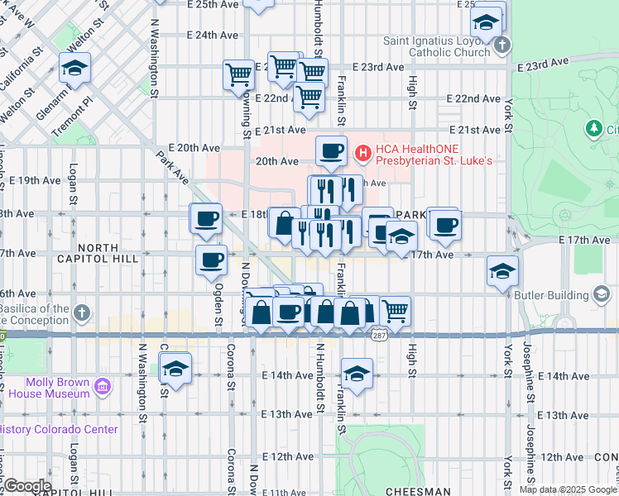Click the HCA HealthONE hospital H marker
pyautogui.click(x=362, y=153)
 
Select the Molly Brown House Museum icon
pyautogui.click(x=102, y=387)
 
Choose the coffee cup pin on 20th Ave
pyautogui.click(x=331, y=151)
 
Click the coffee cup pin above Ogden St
pyautogui.click(x=211, y=260)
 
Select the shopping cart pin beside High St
pyautogui.click(x=396, y=312)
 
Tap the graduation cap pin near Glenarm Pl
pyautogui.click(x=75, y=68)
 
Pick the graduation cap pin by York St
pyautogui.click(x=502, y=272)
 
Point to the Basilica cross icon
pyautogui.click(x=81, y=312)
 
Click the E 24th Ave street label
pyautogui.click(x=213, y=36)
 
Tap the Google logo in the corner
pyautogui.click(x=26, y=486)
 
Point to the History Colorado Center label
pyautogui.click(x=58, y=429)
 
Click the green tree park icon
pyautogui.click(x=593, y=129)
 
